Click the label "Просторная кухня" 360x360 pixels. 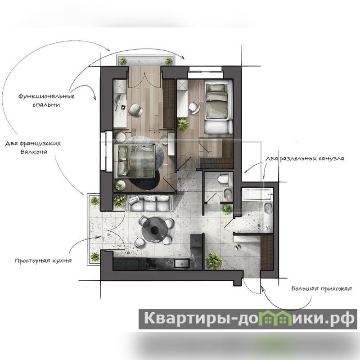click(x=43, y=261)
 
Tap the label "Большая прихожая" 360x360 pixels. click(x=321, y=288)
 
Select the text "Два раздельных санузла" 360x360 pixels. click(x=305, y=159)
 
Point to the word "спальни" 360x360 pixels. click(x=46, y=105)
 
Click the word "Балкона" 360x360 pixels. click(x=34, y=152)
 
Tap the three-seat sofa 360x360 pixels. click(x=150, y=203)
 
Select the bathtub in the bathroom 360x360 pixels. click(x=257, y=194)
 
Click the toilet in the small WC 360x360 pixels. click(x=223, y=179)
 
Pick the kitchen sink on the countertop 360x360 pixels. click(x=182, y=263)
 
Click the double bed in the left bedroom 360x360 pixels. click(x=134, y=161)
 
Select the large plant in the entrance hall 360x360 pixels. click(x=214, y=260)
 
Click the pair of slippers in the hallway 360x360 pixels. click(x=238, y=247)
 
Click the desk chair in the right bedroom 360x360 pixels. click(x=194, y=108)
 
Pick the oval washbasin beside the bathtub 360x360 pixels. click(x=268, y=209)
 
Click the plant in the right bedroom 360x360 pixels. click(x=183, y=124)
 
